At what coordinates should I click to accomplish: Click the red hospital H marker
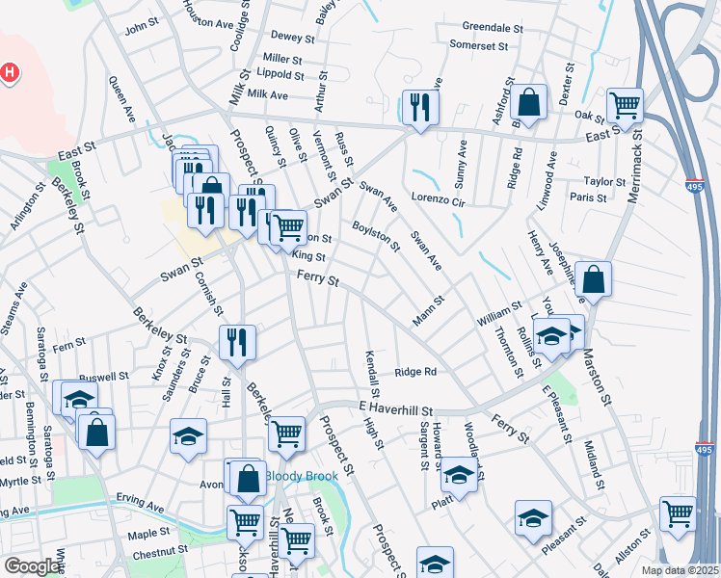tap(10, 72)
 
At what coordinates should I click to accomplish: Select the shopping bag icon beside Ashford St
tap(529, 101)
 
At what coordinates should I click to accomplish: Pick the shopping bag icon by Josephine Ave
tap(593, 278)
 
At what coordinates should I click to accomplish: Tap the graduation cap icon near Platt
tap(458, 475)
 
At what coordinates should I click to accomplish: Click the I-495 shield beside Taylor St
tap(696, 188)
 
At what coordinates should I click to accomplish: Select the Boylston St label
tap(376, 235)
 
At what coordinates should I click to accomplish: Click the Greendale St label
tap(492, 28)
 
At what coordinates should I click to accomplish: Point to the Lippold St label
tap(280, 74)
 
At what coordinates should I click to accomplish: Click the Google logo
tap(31, 566)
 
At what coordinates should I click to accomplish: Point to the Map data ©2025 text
tap(681, 570)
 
